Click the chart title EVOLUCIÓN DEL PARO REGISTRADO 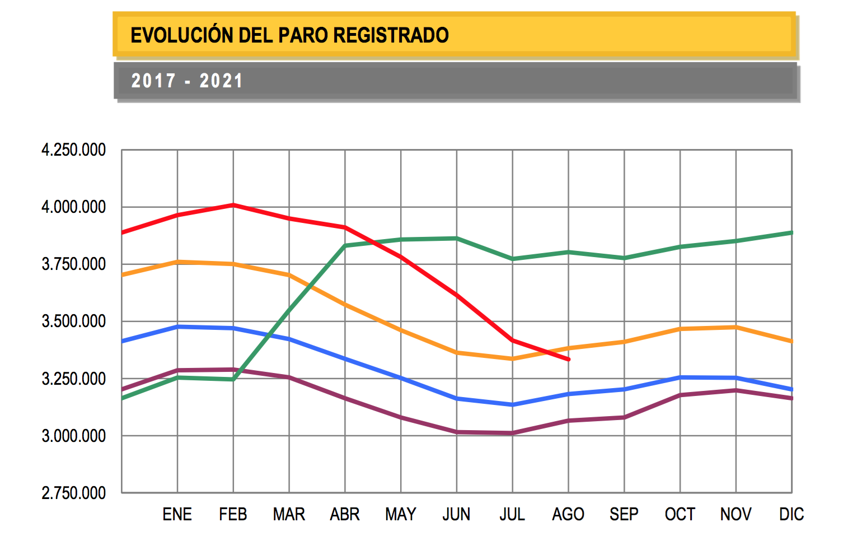click(x=289, y=35)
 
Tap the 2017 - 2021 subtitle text click(x=187, y=81)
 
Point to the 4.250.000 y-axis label click(x=73, y=150)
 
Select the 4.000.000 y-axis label click(x=73, y=207)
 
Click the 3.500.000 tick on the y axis click(x=73, y=321)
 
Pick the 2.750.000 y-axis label click(x=73, y=493)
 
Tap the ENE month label click(x=177, y=514)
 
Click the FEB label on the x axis click(x=233, y=514)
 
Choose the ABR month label click(x=345, y=514)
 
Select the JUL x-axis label click(x=512, y=514)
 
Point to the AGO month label click(x=568, y=514)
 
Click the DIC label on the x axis click(x=791, y=514)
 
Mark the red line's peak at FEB click(x=233, y=205)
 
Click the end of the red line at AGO click(x=569, y=360)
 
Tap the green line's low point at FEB click(x=233, y=380)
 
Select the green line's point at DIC click(x=791, y=232)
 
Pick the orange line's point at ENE click(x=177, y=262)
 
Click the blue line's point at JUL click(x=513, y=404)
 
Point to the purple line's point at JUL click(x=513, y=433)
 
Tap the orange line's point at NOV click(x=736, y=327)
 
